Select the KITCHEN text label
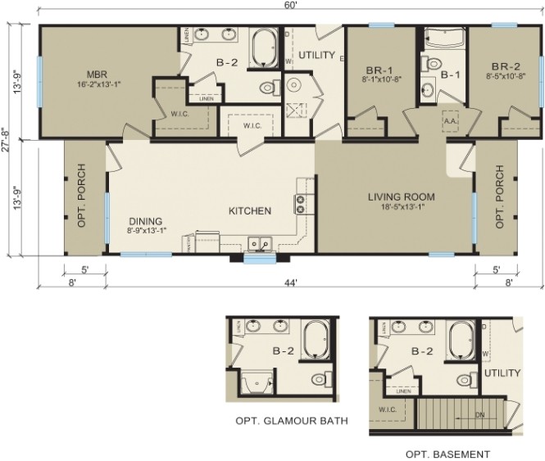click(249, 211)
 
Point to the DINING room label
click(144, 221)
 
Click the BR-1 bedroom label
click(379, 70)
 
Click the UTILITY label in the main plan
click(317, 56)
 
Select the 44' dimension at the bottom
click(290, 282)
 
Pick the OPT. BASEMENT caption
click(447, 454)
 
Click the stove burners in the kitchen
click(301, 204)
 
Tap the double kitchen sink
click(261, 243)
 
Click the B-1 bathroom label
click(452, 75)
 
